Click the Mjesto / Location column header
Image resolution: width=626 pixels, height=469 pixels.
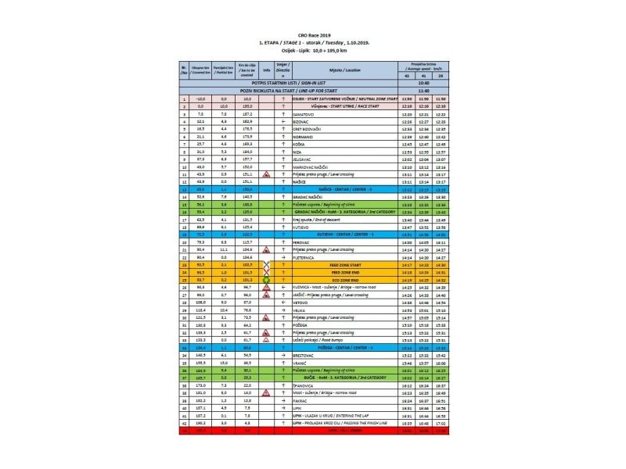tap(339, 70)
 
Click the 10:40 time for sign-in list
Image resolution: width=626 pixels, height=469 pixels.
tap(423, 82)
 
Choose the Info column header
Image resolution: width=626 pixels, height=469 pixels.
tap(267, 70)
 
